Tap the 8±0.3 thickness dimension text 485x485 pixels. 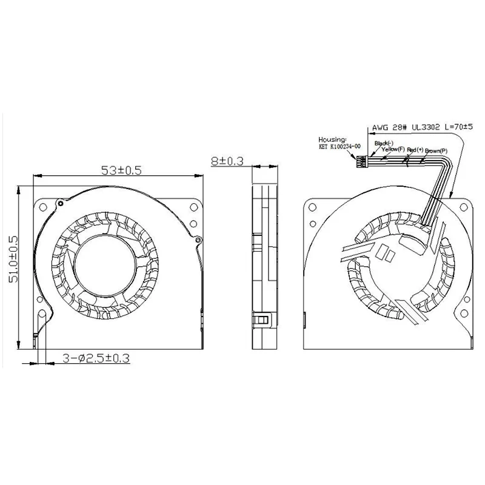228,162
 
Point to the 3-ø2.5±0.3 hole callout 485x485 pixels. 96,358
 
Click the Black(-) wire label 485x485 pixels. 384,143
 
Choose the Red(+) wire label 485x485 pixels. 416,149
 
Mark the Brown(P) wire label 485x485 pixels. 436,149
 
